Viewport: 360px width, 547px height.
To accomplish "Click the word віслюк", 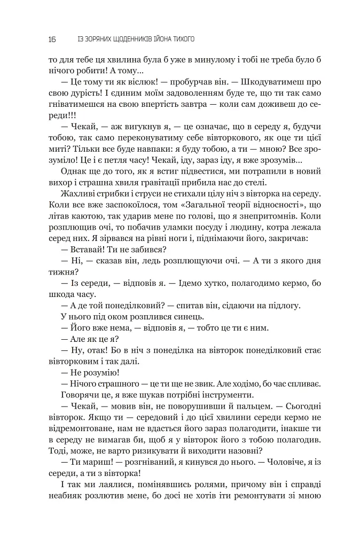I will coord(142,82).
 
